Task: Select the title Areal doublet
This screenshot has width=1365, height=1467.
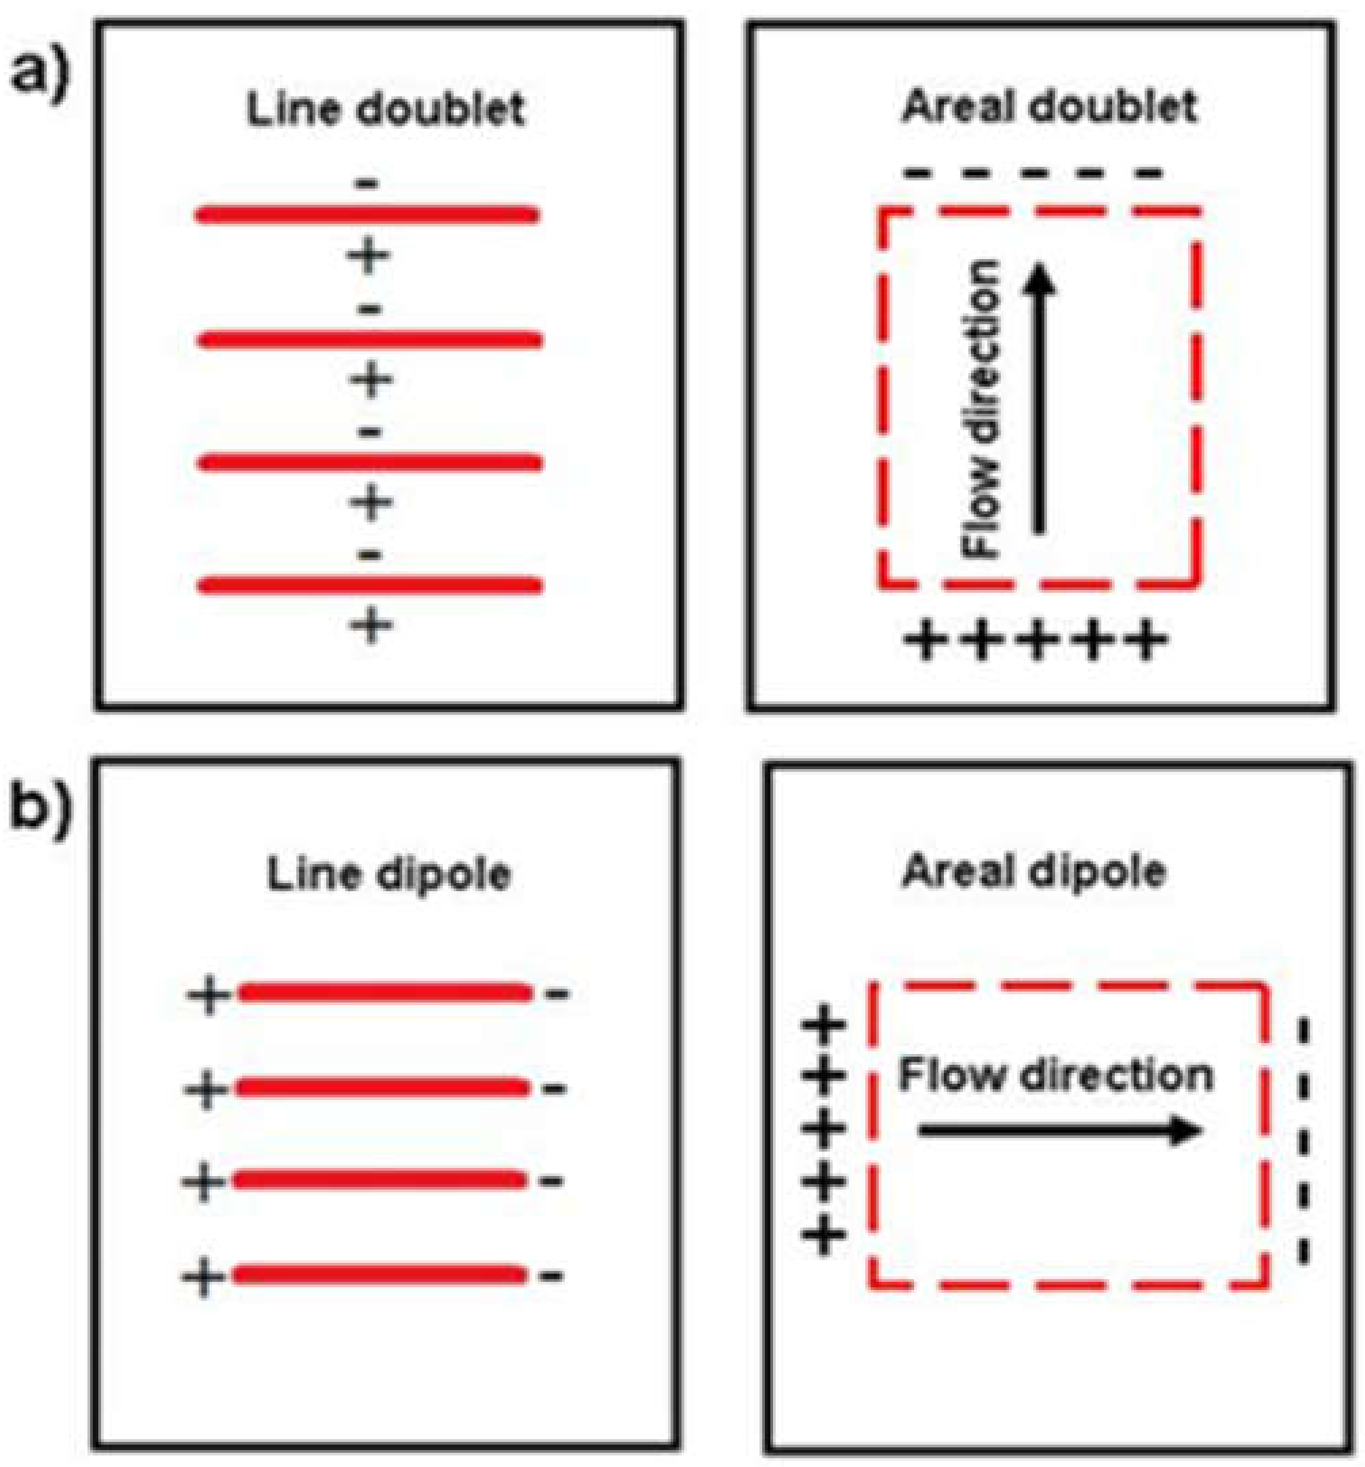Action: pos(1048,107)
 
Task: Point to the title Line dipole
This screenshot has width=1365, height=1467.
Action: pos(388,875)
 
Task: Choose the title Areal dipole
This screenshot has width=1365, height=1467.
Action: pos(1033,872)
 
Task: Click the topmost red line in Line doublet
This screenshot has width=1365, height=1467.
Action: pos(368,216)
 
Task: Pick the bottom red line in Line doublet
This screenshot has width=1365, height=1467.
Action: pos(369,585)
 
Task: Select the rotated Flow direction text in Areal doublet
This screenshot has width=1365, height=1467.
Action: pos(982,410)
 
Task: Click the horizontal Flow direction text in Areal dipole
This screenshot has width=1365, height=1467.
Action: pos(1055,1075)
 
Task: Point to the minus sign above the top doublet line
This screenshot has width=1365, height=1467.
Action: pos(368,183)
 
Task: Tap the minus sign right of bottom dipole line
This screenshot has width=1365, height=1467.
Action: pos(552,1275)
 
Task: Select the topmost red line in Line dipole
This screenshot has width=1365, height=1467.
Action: pos(384,993)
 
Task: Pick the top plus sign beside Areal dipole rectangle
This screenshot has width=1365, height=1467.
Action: pos(823,1025)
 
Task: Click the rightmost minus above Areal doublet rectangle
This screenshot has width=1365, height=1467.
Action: pos(1148,174)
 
